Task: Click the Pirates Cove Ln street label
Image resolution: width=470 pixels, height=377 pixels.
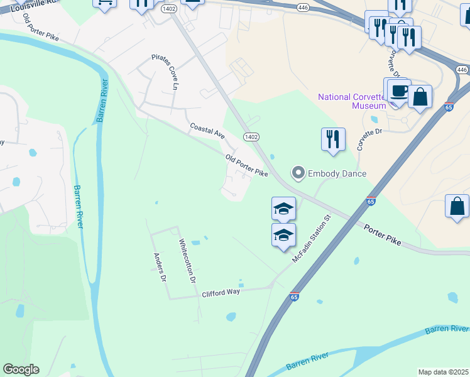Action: (x=166, y=72)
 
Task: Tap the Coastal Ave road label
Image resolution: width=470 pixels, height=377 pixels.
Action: (x=207, y=131)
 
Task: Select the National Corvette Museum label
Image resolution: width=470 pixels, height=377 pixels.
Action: (x=351, y=101)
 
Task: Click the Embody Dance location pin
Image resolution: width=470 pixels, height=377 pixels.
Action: (x=298, y=173)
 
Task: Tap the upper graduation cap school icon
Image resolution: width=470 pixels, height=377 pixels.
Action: (x=283, y=208)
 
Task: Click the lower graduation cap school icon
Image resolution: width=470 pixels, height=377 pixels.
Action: (x=283, y=236)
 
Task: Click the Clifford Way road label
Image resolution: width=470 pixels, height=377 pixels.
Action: (x=221, y=293)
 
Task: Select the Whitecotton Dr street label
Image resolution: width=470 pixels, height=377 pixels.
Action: (x=188, y=260)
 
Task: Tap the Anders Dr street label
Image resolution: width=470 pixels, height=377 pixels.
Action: (x=160, y=267)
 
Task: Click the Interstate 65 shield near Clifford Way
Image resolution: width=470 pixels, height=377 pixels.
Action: (x=294, y=297)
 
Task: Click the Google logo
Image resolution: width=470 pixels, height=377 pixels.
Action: (x=21, y=369)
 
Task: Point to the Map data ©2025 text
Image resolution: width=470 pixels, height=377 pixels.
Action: (x=443, y=372)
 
